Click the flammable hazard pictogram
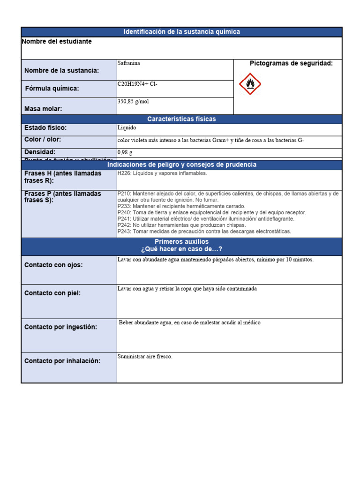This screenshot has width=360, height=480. point(250,84)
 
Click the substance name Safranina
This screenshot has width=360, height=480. point(129,63)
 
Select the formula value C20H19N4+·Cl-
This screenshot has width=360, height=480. point(137,84)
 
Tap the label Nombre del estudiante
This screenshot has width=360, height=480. point(57,42)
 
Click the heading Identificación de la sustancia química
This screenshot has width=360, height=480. point(181,32)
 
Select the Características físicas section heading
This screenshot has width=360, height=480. point(181,119)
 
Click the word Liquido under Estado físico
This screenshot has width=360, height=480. point(127,127)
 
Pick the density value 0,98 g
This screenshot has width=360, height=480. point(125,152)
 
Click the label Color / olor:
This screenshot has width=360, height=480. point(43,140)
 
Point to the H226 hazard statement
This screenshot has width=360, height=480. point(162,173)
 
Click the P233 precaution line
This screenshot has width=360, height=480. point(181,206)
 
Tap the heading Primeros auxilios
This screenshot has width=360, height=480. point(181,241)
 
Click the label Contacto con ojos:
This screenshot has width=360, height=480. point(53,265)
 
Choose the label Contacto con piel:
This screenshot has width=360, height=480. point(52,293)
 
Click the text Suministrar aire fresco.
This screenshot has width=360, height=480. point(145,357)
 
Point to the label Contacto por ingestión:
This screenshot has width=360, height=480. point(61,327)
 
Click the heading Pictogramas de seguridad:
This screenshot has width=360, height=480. point(291,63)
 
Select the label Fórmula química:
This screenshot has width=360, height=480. point(52,89)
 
